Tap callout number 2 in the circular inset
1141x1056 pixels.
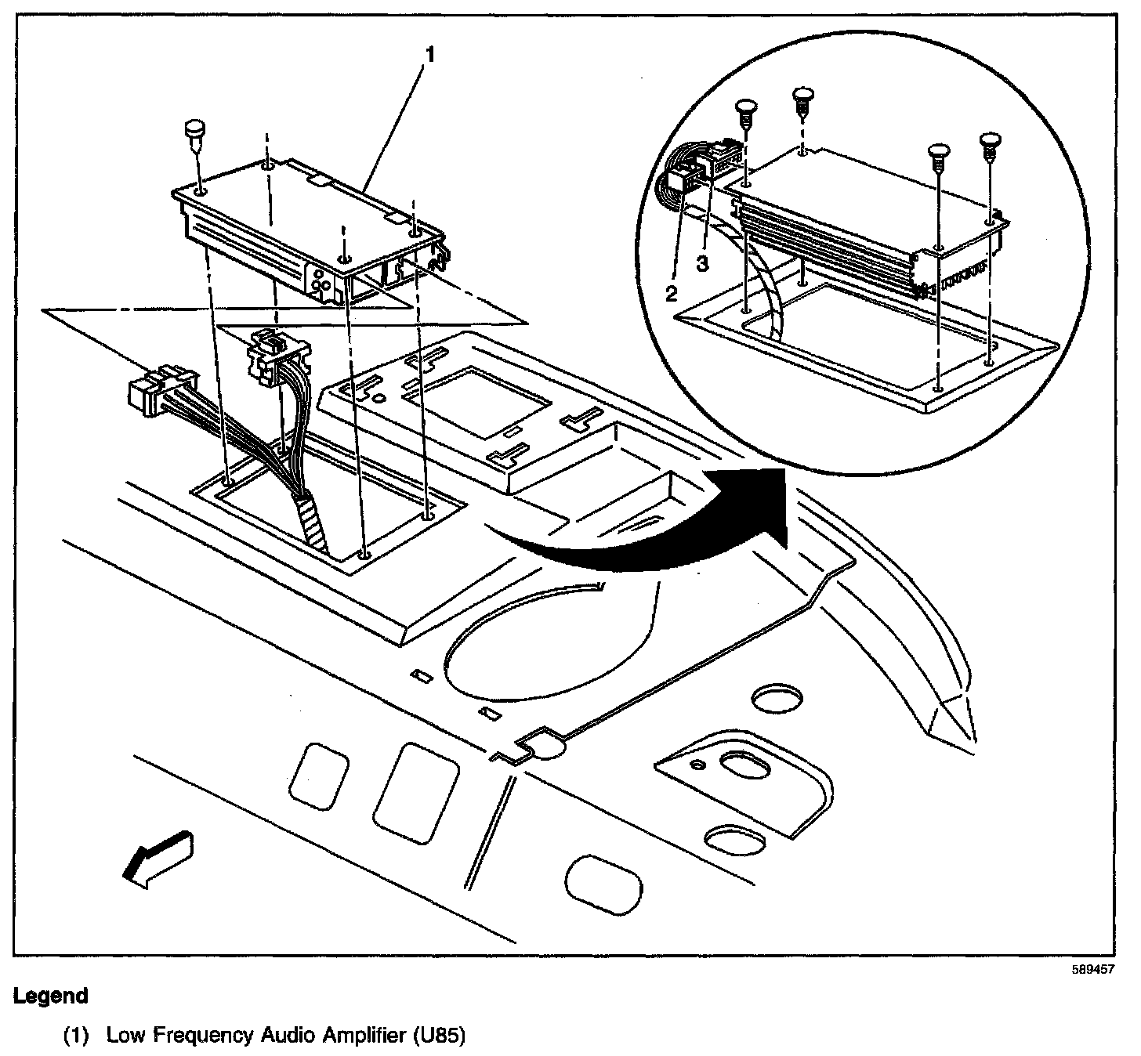tap(671, 294)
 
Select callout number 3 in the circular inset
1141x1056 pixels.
tap(703, 264)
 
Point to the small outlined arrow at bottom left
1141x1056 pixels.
tap(158, 859)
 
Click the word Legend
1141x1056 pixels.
tap(51, 996)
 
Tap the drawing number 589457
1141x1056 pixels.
tap(1094, 969)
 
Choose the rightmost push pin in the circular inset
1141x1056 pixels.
tap(991, 146)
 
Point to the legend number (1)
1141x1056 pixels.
tap(76, 1036)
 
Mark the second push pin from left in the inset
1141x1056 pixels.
tap(802, 99)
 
